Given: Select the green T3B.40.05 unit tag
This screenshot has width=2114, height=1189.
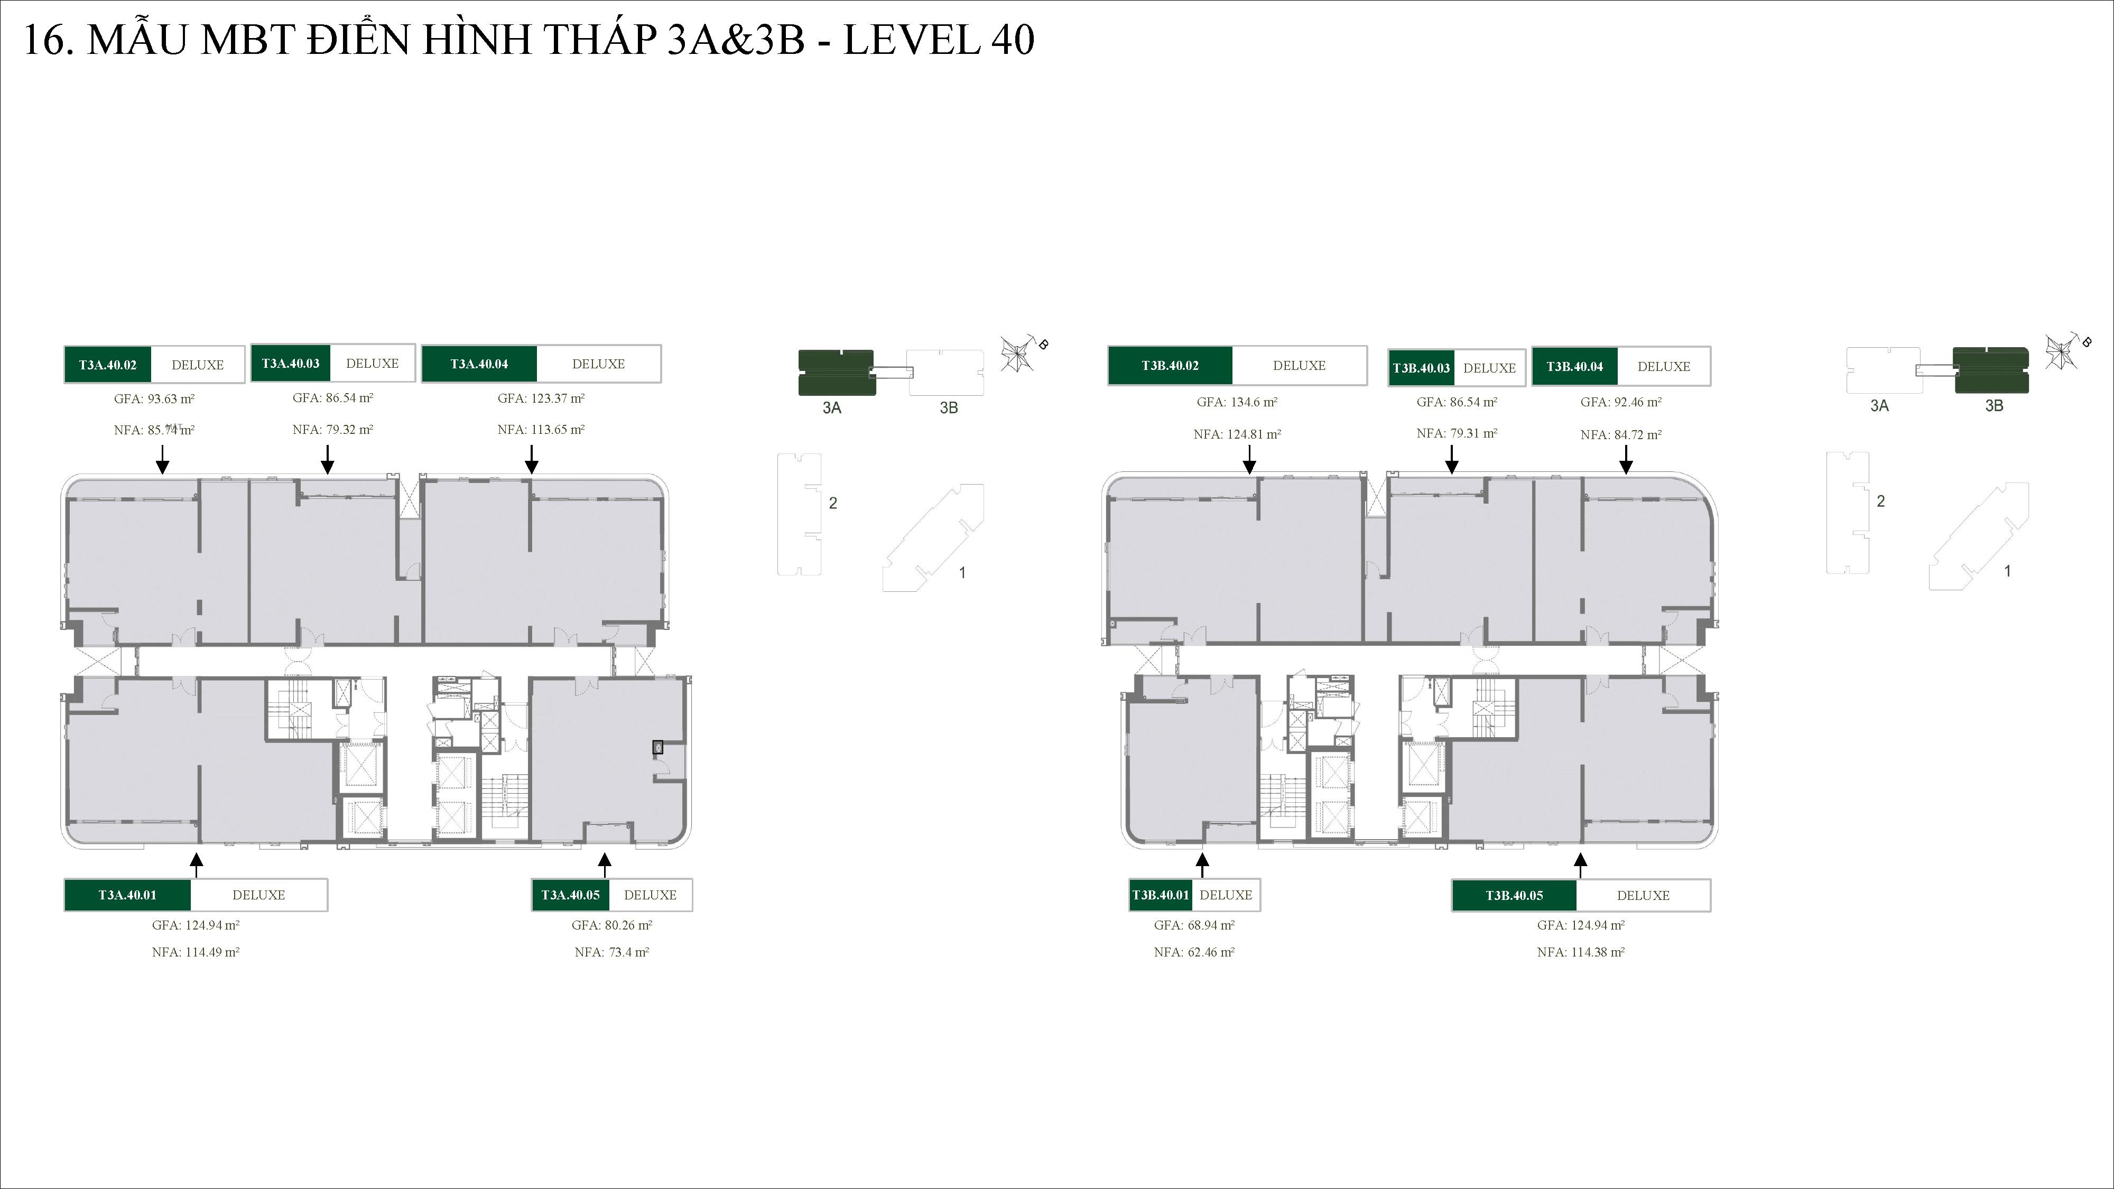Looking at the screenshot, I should click(1514, 895).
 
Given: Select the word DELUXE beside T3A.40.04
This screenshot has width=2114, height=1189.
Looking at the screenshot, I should click(598, 364).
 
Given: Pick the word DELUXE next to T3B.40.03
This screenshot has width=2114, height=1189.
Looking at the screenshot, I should click(1489, 368).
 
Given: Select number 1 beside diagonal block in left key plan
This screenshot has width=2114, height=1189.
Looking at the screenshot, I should click(962, 573).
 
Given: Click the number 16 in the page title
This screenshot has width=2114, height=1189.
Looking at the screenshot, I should click(44, 40).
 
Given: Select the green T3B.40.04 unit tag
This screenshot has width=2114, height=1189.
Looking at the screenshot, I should click(1574, 367).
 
